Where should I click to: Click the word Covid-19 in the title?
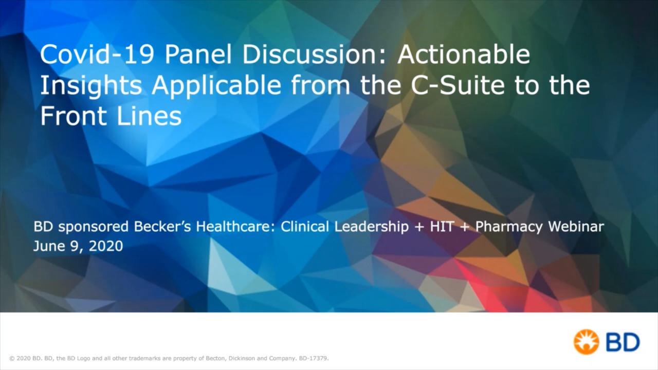[x=97, y=54]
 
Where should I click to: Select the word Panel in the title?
[x=198, y=54]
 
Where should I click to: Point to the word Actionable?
[x=464, y=54]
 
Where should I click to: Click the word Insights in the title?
[x=91, y=85]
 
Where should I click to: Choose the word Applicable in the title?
[x=216, y=85]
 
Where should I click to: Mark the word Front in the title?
[x=74, y=116]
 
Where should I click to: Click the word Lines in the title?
[x=149, y=116]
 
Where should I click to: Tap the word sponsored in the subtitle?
[x=93, y=227]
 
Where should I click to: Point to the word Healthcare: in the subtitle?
[x=235, y=227]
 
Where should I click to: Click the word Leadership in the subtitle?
[x=372, y=227]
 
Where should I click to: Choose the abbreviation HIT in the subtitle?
[x=442, y=227]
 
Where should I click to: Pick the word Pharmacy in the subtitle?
[x=509, y=227]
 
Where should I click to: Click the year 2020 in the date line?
[x=106, y=246]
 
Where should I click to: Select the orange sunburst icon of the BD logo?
[x=586, y=342]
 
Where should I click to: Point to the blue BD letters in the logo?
[x=623, y=342]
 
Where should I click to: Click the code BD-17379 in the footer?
[x=314, y=358]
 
